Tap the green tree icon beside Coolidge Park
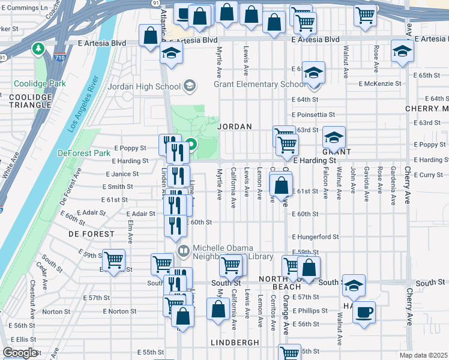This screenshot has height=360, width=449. click(40, 47)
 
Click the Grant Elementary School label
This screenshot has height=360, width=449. click(260, 84)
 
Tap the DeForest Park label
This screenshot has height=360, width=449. click(84, 153)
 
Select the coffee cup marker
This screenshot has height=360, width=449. click(364, 313)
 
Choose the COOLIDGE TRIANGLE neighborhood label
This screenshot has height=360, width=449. click(30, 101)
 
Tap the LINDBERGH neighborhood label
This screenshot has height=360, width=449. click(235, 342)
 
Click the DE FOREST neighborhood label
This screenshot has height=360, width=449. click(91, 233)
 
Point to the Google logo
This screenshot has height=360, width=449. click(20, 353)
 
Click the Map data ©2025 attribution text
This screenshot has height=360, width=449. click(424, 355)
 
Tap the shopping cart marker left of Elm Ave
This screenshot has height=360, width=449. click(113, 260)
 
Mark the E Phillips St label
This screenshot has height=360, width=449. click(309, 311)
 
